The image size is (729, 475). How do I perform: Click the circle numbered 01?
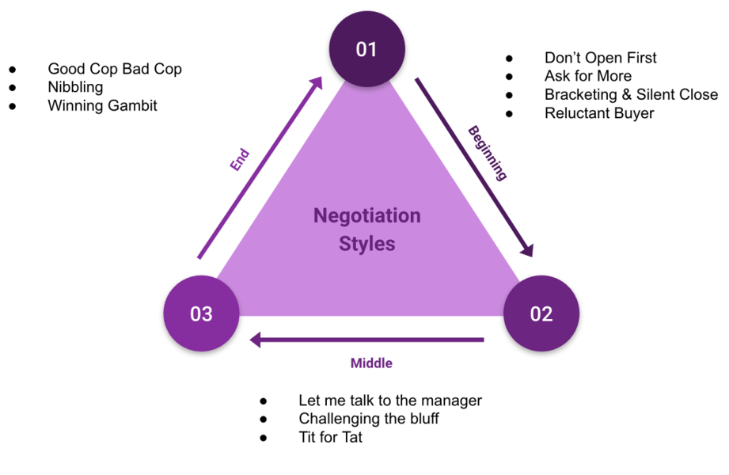point(366,50)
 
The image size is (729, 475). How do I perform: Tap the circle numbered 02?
point(541,313)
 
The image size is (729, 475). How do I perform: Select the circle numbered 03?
point(201,313)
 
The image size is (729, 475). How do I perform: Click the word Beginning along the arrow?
point(487,152)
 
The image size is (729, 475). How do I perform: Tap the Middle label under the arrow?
point(371,363)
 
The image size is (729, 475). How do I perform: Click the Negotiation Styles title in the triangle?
point(367,229)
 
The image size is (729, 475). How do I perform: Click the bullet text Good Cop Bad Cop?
point(115,69)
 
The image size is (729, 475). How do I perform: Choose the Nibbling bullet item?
point(75,87)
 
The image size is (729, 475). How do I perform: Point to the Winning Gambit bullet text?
point(102,105)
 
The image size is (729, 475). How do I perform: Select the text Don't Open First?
point(600,58)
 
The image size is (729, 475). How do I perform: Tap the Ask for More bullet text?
point(587,76)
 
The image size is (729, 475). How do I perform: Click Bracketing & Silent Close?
point(631,94)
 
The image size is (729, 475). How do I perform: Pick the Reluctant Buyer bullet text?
point(599,113)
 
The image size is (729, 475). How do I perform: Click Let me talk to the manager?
point(389,401)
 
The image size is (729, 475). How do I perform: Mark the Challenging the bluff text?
point(368,419)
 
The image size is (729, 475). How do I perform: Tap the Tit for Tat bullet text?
point(330,437)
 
